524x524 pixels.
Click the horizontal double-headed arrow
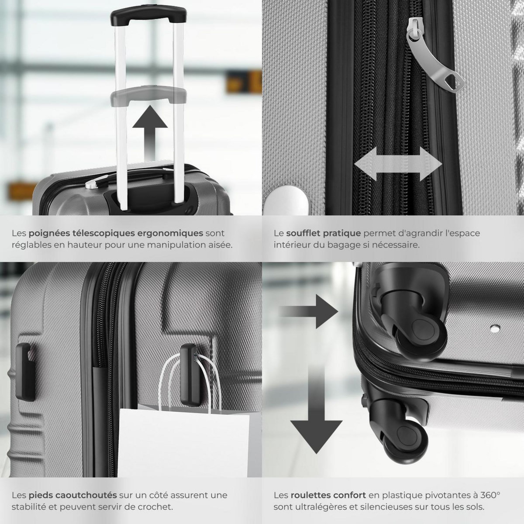coord(398,164)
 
